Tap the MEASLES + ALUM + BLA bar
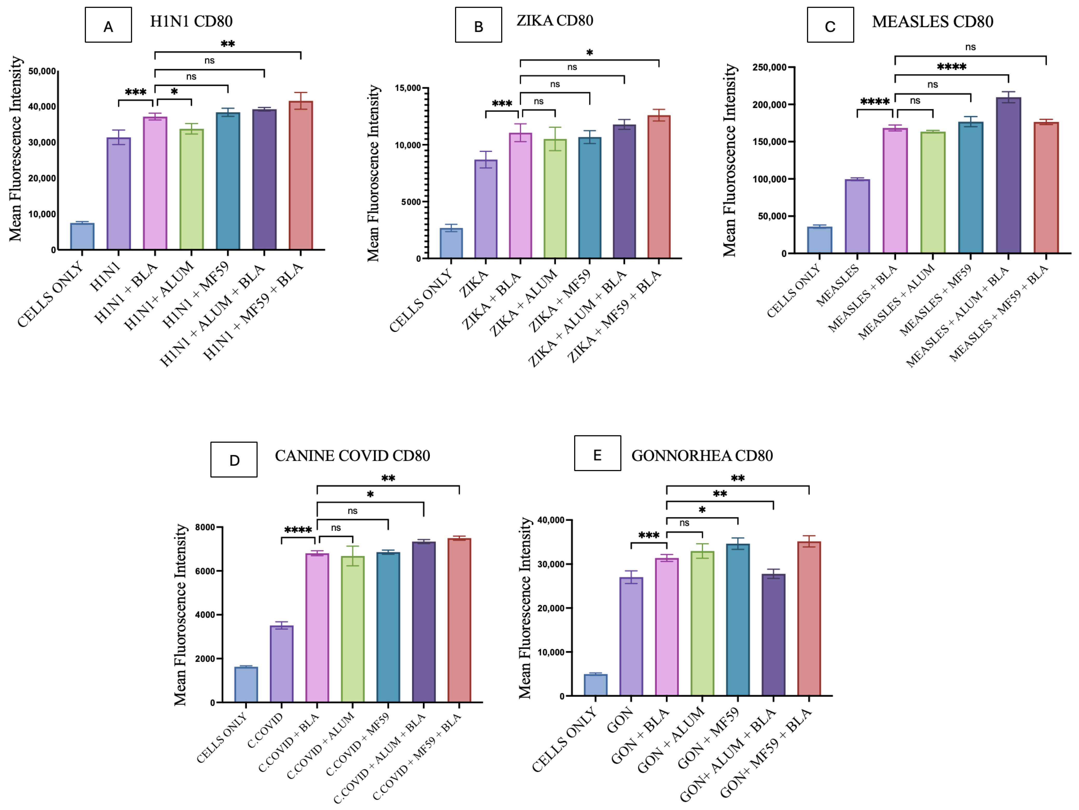tap(1008, 176)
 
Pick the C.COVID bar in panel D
tap(281, 664)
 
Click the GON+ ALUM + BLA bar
tap(774, 635)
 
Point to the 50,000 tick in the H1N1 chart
tap(42, 71)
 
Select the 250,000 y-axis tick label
tap(769, 67)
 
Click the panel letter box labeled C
tap(830, 25)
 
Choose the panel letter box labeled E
tap(598, 453)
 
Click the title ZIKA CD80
tap(555, 20)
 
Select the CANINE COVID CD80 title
tap(353, 456)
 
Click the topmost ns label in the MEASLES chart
tap(971, 47)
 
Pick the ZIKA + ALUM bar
tap(555, 199)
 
